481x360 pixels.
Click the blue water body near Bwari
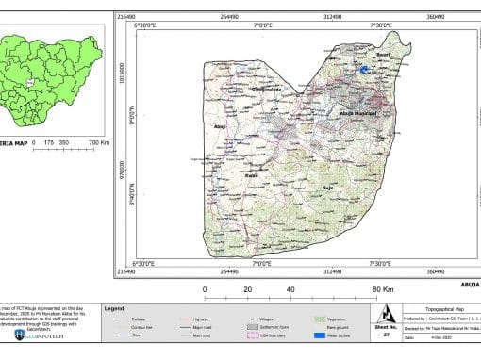[x=363, y=69]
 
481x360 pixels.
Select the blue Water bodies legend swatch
[x=321, y=335]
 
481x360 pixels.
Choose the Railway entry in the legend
[x=140, y=320]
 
